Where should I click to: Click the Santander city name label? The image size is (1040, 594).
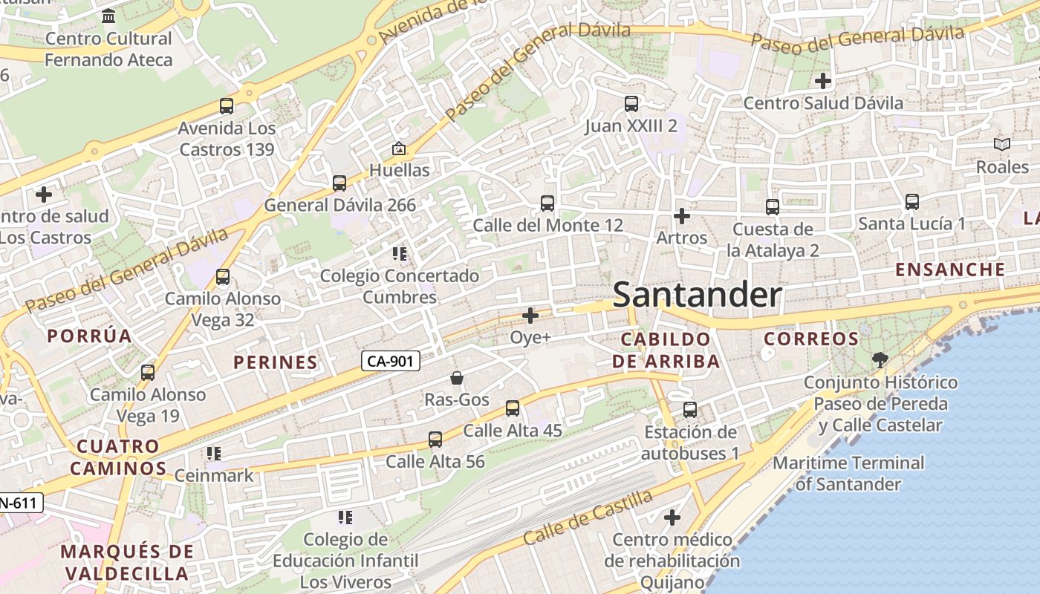697,296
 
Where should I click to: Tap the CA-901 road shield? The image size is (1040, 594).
391,362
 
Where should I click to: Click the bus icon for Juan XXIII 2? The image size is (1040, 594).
631,104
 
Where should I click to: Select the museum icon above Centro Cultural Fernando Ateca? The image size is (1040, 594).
108,16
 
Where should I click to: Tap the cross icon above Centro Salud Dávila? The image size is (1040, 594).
822,80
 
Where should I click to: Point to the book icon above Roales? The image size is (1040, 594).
1002,145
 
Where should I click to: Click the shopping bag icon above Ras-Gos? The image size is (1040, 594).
457,378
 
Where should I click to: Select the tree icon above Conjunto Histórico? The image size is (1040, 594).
880,361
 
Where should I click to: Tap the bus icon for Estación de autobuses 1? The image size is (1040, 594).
690,410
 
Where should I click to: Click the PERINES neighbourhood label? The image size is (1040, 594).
276,362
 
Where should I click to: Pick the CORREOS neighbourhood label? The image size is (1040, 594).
811,339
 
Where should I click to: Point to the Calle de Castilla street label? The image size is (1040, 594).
588,518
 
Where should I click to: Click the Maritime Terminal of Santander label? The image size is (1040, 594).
848,474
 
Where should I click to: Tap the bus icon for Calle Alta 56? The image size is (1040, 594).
435,440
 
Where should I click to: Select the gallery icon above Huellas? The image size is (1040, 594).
399,148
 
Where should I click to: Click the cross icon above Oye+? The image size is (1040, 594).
530,316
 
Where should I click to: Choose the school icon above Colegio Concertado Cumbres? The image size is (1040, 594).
400,254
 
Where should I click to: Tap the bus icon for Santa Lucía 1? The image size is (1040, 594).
911,202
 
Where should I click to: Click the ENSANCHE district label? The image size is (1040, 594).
950,270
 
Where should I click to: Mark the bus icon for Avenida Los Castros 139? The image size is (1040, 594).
227,106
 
